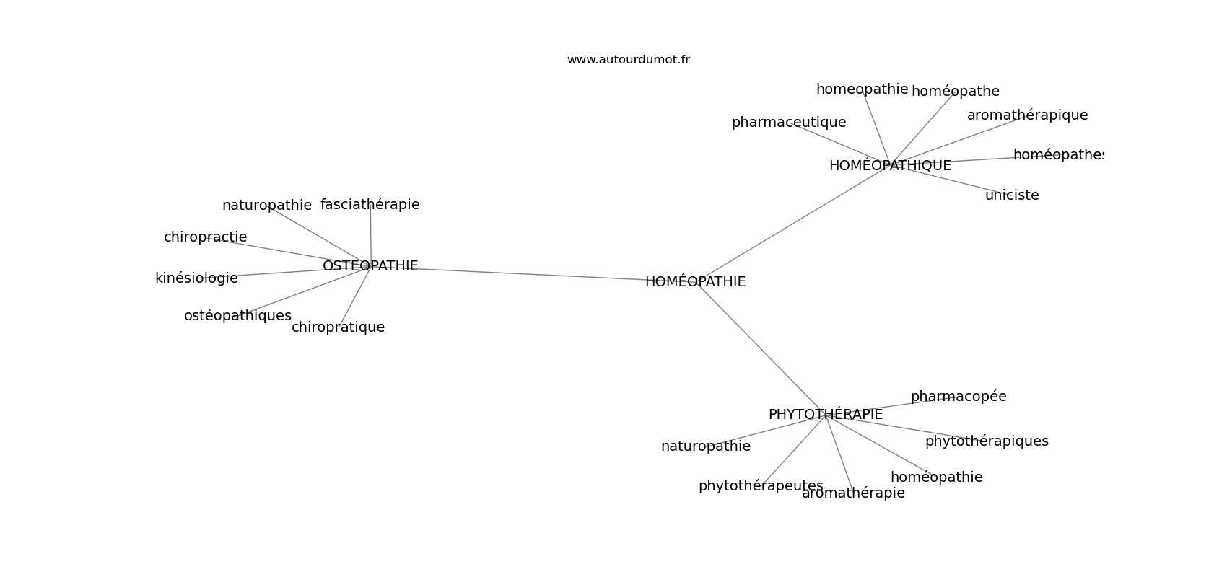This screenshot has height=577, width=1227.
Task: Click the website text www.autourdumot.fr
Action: coord(628,60)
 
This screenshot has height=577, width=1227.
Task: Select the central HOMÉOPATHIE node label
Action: coord(695,281)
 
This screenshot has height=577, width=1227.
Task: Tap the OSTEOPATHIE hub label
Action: coord(370,266)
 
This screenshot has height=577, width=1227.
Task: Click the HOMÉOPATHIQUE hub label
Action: coord(890,165)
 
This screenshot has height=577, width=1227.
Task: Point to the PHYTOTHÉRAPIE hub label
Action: coord(826,415)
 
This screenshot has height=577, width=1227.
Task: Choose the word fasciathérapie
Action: coord(370,205)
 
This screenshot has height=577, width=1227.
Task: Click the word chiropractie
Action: coord(206,237)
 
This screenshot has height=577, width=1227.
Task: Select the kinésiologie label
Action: coord(196,278)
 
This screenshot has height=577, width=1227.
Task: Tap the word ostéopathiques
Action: coord(237,316)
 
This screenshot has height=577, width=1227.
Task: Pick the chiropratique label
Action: coord(338,327)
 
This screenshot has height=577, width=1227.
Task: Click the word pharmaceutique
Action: coord(789,123)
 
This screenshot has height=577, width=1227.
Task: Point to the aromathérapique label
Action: coord(1027,115)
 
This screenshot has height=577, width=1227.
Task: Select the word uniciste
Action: coord(1012,195)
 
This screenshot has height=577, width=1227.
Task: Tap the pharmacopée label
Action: coord(959,397)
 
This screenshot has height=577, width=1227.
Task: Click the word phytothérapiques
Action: coord(987,441)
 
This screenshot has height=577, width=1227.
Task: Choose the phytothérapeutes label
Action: coord(761,486)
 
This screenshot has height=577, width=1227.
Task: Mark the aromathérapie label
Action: coord(853,493)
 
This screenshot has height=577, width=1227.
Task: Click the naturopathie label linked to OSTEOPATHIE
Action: coord(267,206)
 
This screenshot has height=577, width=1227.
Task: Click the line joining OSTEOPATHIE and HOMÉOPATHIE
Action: coord(532,274)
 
